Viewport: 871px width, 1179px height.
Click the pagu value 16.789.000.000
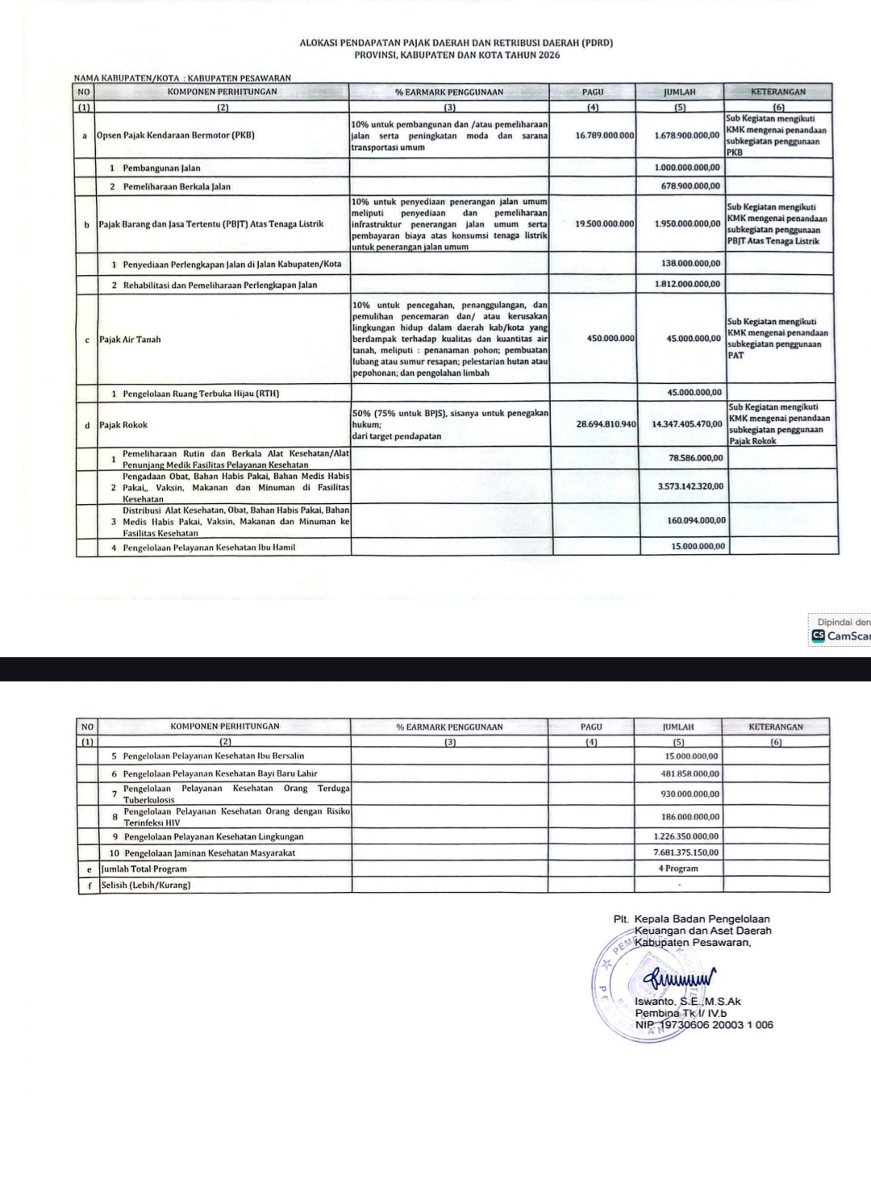click(x=605, y=135)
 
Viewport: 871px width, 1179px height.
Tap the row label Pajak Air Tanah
click(x=130, y=340)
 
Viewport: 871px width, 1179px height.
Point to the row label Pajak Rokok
click(x=123, y=424)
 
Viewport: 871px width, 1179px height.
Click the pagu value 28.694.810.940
click(x=606, y=423)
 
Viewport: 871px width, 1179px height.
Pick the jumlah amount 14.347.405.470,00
click(x=686, y=423)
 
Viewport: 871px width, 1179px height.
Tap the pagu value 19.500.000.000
click(x=605, y=223)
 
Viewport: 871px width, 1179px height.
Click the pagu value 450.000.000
click(x=611, y=339)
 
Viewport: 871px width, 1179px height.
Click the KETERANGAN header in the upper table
click(x=778, y=92)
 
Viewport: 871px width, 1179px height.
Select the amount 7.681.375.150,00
click(x=686, y=852)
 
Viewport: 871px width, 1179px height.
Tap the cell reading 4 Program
click(x=678, y=869)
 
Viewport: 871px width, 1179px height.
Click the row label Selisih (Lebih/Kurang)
click(x=146, y=885)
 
